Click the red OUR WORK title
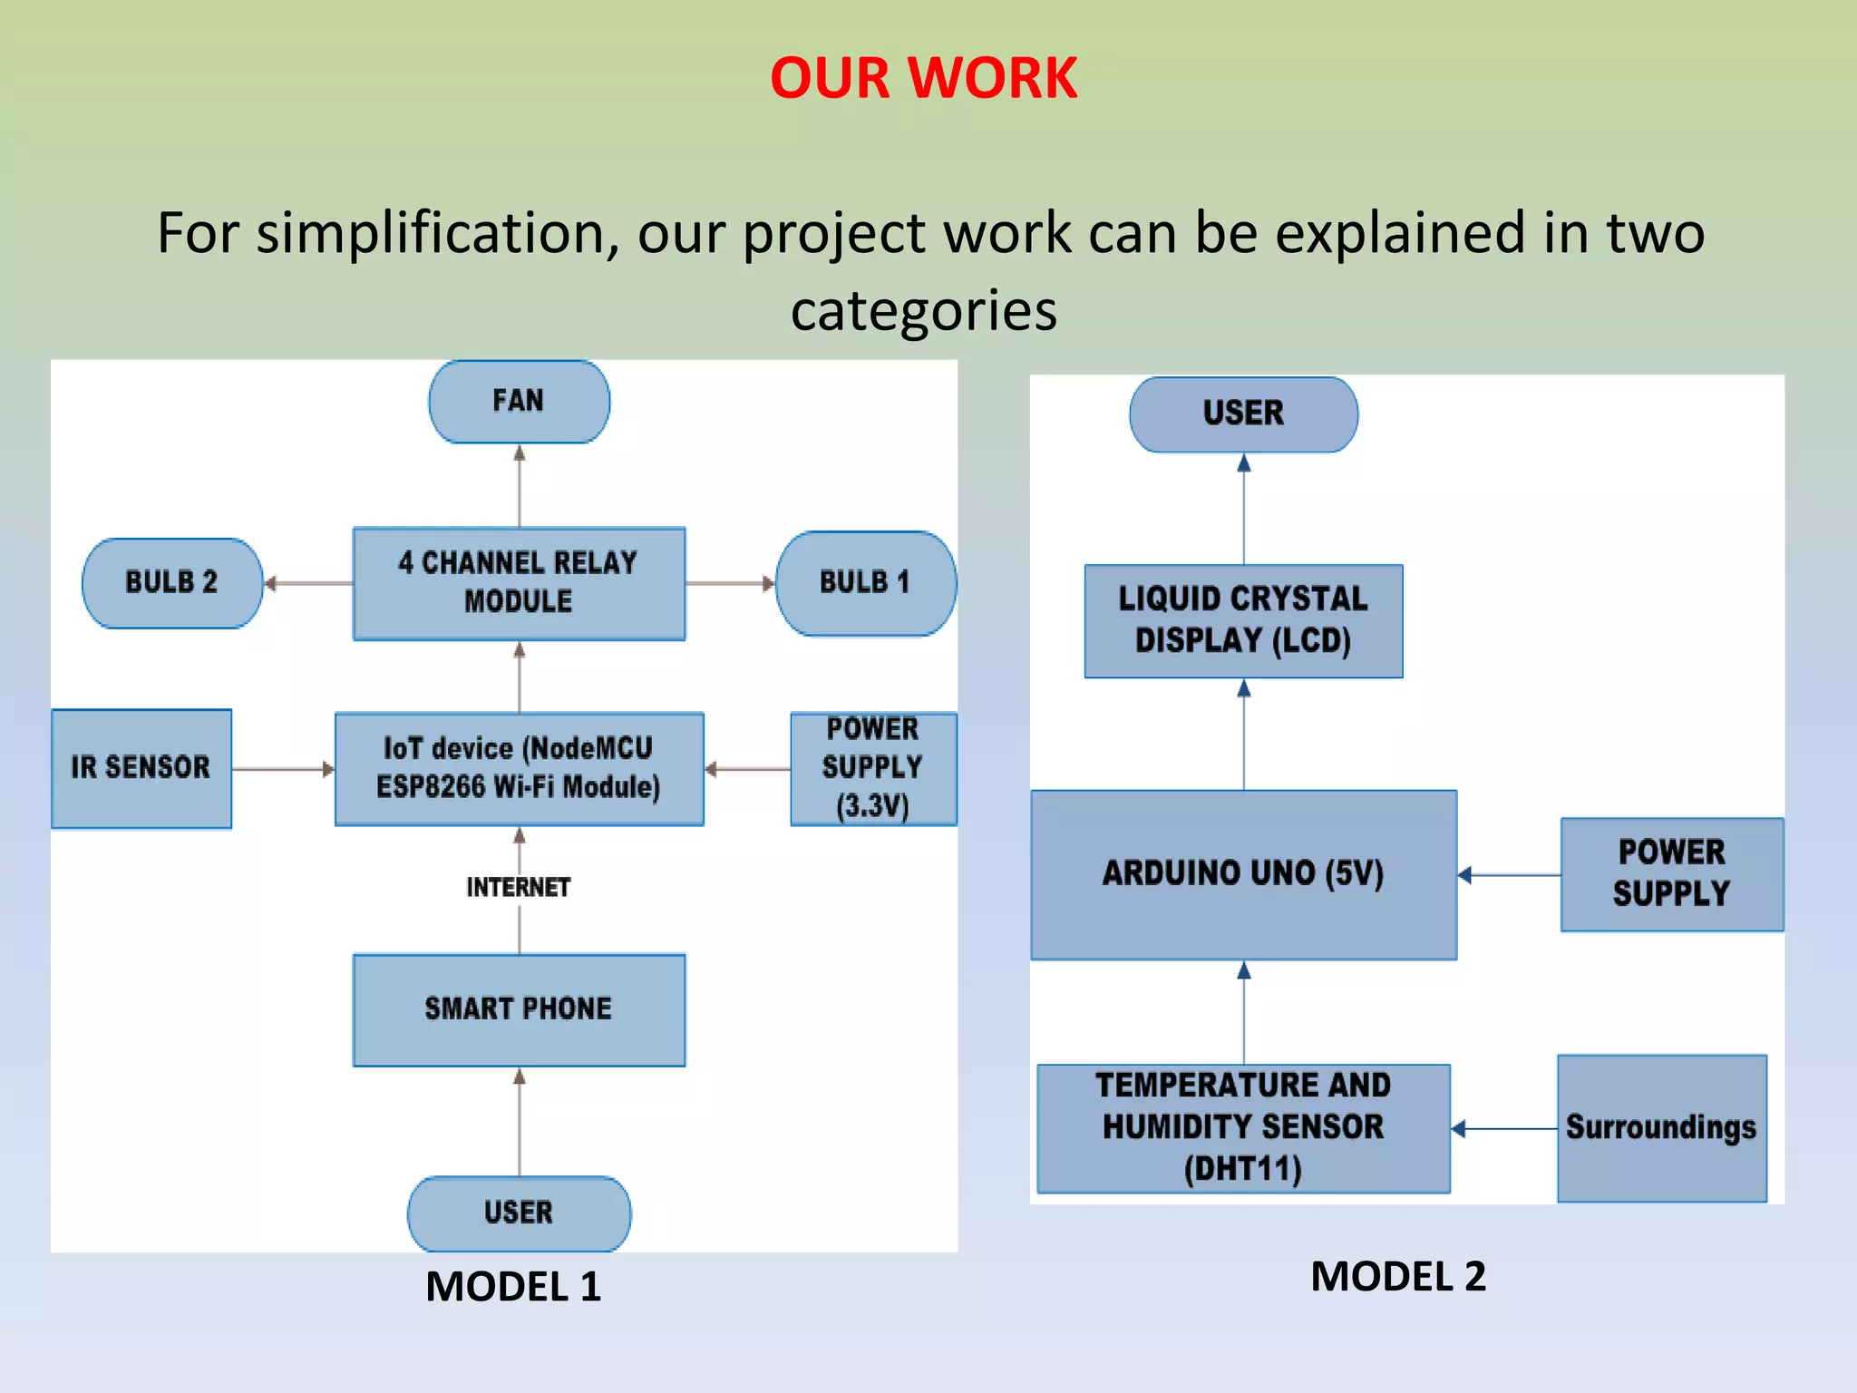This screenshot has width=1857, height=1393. tap(923, 78)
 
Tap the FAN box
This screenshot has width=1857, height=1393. tap(519, 402)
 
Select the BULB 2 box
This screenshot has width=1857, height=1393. tap(172, 583)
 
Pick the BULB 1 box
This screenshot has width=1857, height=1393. tap(865, 583)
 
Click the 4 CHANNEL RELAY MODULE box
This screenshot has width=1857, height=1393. tap(519, 583)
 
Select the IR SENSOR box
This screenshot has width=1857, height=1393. tap(141, 768)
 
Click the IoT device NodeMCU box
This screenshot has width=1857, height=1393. tap(519, 768)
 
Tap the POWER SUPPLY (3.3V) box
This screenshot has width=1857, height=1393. tap(872, 768)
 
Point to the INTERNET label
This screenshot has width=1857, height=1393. tap(519, 887)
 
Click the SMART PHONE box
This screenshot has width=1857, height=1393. tap(519, 1009)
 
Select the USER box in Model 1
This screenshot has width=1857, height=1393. tap(519, 1213)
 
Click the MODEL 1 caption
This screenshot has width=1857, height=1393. tap(513, 1287)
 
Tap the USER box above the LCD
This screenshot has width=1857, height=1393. tap(1243, 414)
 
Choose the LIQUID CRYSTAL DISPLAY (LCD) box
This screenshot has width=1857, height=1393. tap(1243, 621)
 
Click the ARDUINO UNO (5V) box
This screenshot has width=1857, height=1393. tap(1243, 874)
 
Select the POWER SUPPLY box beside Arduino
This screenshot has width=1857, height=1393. tap(1671, 874)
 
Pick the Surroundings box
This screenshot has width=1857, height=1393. tap(1661, 1128)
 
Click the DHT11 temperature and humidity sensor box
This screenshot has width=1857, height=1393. tap(1243, 1128)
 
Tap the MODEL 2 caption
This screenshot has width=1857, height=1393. tap(1397, 1277)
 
